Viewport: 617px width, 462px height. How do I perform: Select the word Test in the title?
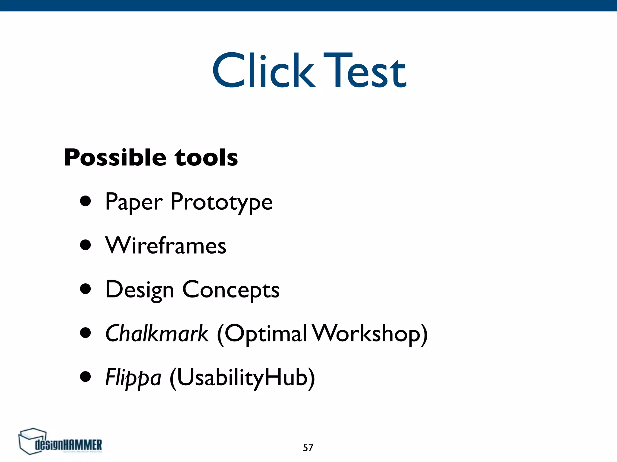[365, 71]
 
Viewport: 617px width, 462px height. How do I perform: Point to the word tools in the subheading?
[206, 157]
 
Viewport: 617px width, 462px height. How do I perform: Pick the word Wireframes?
[166, 245]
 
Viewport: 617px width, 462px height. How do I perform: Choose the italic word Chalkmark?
[157, 333]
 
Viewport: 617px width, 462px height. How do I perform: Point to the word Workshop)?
[370, 333]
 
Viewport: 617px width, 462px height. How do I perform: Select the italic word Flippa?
[133, 378]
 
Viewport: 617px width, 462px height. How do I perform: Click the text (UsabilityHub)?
[242, 378]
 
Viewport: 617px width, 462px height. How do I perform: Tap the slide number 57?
[308, 448]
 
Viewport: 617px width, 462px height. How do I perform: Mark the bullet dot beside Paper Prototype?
[86, 201]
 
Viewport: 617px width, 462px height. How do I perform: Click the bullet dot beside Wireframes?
[86, 245]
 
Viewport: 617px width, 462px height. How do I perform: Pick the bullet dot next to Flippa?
[86, 376]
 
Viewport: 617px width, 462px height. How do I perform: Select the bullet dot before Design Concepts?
[86, 289]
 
